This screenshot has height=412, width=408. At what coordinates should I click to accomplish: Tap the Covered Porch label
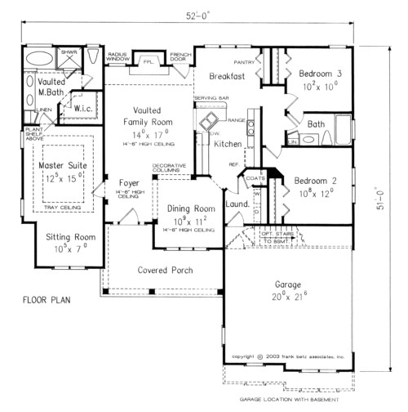(142, 266)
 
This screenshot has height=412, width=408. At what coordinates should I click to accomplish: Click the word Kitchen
(228, 144)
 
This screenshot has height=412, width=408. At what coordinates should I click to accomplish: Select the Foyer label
(130, 182)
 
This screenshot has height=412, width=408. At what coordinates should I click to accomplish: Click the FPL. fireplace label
(148, 61)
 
